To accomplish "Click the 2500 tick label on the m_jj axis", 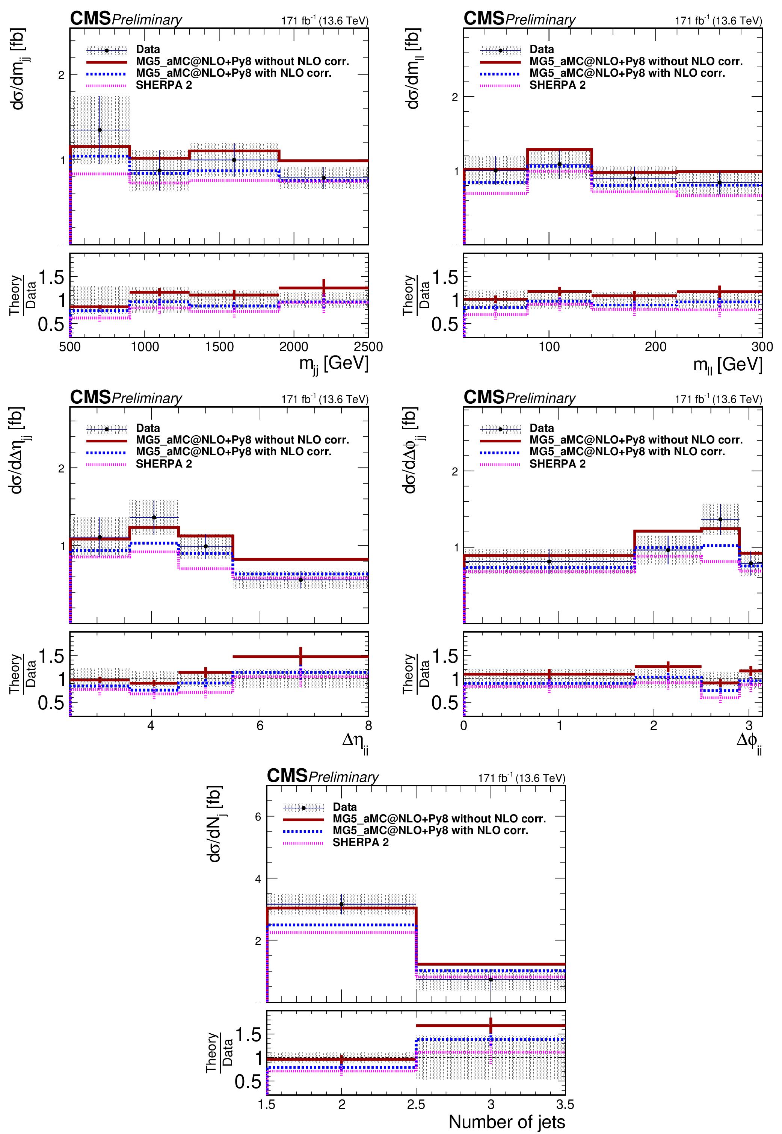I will coord(368,347).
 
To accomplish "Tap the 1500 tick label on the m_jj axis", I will coord(219,347).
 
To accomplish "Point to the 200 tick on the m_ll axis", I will coord(655,347).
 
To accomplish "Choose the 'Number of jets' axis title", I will coord(507,1122).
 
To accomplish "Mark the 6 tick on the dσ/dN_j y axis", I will coord(258,816).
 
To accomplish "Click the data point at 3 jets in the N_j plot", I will coord(491,980).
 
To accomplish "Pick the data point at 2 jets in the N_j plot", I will coord(341,904).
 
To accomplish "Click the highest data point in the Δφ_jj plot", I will coord(720,519).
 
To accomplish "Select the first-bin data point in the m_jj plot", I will coord(100,130).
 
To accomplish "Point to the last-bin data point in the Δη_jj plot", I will coord(300,580).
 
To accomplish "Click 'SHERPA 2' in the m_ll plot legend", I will coord(557,85).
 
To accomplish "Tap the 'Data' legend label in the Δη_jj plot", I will coord(148,428).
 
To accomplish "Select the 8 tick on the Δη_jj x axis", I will coord(368,725).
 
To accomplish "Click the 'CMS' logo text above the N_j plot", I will coord(287,776).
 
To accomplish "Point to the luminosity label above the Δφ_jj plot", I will coord(718,399).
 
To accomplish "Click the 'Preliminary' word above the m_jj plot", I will coord(147,20).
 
